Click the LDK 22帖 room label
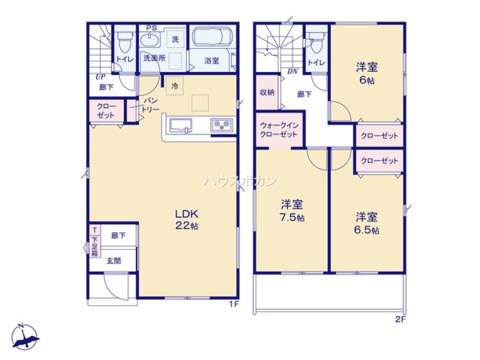[187, 219]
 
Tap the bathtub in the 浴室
[212, 37]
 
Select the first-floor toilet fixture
[125, 42]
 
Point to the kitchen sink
[180, 126]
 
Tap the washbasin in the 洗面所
[150, 40]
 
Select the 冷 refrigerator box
[175, 86]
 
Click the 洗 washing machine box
[175, 39]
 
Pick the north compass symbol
[25, 337]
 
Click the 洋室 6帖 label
[367, 73]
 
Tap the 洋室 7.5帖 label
[292, 211]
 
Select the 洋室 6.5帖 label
[367, 224]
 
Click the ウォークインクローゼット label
[279, 130]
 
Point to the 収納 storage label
[267, 92]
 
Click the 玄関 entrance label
[114, 261]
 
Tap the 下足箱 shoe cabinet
[95, 245]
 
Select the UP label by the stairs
[100, 77]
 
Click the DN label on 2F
[293, 72]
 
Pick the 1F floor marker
[234, 304]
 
